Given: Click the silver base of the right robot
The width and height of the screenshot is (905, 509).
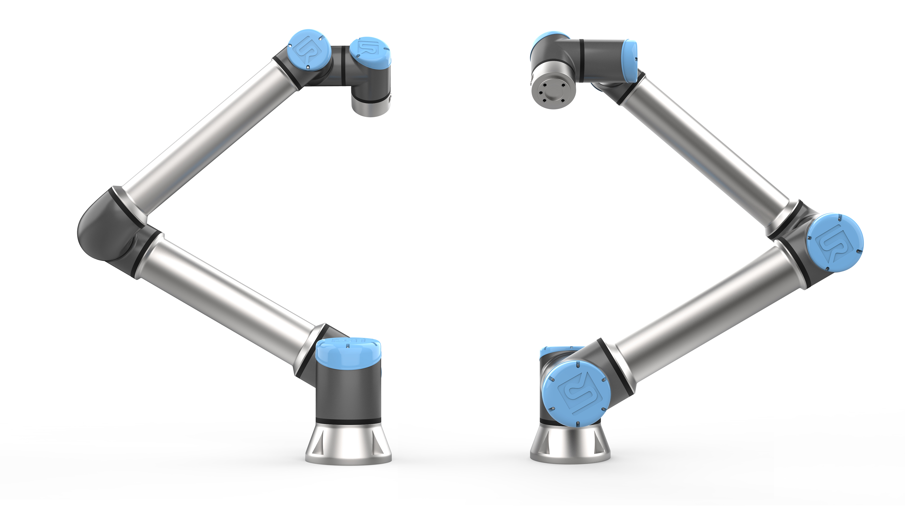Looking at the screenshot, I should click(570, 444).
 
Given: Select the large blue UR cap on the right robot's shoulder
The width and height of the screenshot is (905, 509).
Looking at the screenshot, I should click(576, 394).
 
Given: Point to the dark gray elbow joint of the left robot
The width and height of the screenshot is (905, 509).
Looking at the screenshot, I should click(105, 232).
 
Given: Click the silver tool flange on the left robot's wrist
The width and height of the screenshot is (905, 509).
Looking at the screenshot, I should click(371, 107).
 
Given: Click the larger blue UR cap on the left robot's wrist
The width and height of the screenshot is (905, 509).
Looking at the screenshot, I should click(309, 49).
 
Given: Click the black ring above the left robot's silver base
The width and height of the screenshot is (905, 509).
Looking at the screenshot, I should click(348, 420).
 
